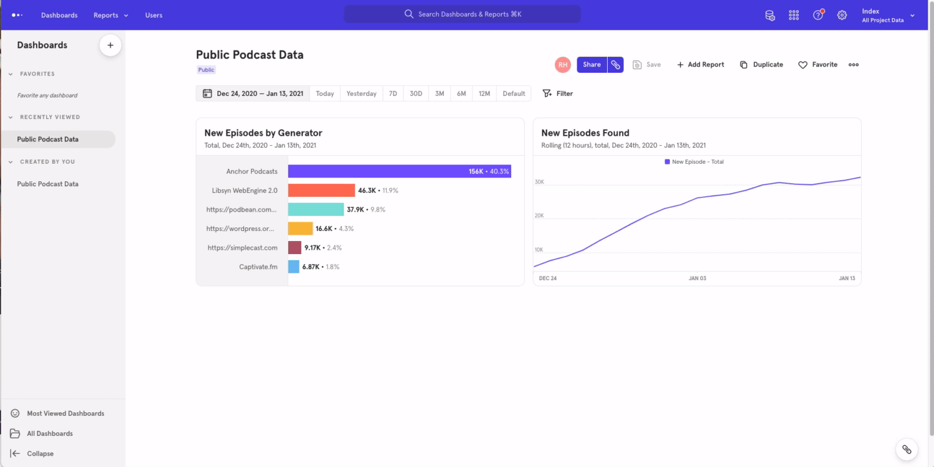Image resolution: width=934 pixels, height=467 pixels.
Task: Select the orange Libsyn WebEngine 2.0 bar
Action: (321, 191)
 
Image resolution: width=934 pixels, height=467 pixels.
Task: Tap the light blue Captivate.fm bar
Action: (293, 267)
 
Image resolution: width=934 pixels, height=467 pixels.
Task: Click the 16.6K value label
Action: (324, 229)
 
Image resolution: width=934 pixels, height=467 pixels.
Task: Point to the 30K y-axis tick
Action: (539, 182)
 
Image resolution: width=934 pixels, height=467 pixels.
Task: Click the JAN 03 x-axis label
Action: (697, 278)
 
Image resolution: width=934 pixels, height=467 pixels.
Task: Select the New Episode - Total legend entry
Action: (694, 162)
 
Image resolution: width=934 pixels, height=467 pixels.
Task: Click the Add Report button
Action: (700, 65)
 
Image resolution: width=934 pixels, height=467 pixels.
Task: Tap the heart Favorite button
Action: (818, 65)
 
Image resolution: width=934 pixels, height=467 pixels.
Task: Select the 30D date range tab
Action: (415, 93)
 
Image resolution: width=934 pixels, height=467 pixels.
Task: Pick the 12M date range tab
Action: (484, 93)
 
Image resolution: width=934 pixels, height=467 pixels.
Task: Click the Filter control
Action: (558, 93)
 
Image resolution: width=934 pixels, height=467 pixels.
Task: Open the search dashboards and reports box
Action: (462, 14)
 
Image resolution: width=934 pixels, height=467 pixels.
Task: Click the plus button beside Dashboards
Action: (110, 45)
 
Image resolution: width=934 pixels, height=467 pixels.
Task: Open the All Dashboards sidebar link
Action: (49, 433)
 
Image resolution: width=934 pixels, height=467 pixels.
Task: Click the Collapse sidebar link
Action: (40, 454)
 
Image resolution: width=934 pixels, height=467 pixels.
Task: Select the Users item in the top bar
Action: (154, 15)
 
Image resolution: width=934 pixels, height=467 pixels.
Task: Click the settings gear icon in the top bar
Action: (842, 15)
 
